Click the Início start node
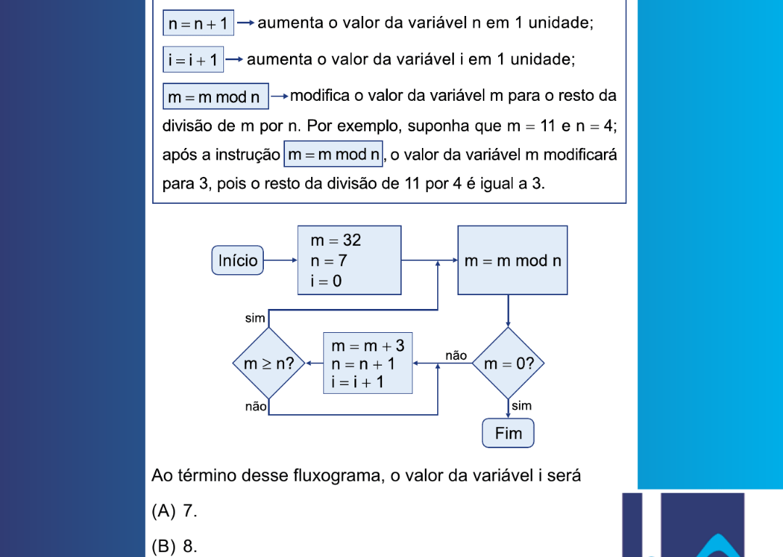click(x=238, y=261)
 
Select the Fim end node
click(x=507, y=434)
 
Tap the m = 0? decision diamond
click(x=508, y=363)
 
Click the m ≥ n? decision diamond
click(x=268, y=363)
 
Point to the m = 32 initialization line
click(x=336, y=240)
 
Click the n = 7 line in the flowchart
click(x=328, y=260)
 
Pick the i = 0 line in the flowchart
click(x=326, y=281)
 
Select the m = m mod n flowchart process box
click(x=513, y=260)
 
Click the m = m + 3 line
click(x=368, y=346)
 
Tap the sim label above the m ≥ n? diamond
click(x=254, y=318)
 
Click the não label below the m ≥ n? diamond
click(x=256, y=407)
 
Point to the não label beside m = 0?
click(x=456, y=355)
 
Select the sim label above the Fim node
click(x=521, y=406)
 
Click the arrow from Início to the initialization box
click(x=281, y=260)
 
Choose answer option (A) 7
click(x=175, y=511)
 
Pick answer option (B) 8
click(x=175, y=546)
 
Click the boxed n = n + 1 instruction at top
click(x=198, y=23)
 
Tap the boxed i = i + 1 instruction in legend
click(x=193, y=59)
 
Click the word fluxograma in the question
click(x=338, y=476)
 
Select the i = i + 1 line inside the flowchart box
click(x=358, y=382)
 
